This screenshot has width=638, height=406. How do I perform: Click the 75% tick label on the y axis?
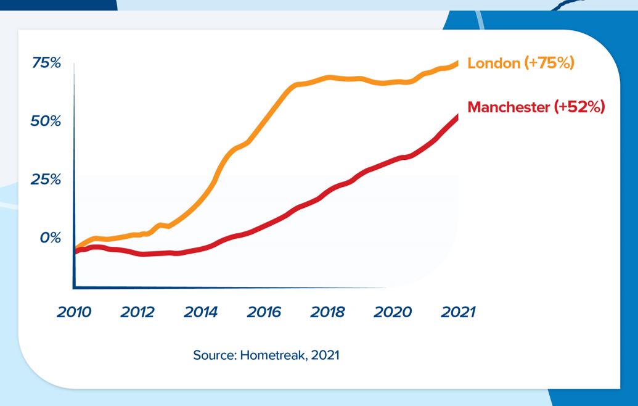[x=47, y=63]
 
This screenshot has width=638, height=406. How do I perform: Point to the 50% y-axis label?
[x=47, y=121]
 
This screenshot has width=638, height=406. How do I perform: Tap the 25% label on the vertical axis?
[x=47, y=180]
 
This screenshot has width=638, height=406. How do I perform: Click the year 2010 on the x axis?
[x=74, y=312]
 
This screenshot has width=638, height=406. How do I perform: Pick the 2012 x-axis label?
[x=137, y=312]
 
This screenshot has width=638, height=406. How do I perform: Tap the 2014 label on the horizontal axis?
[x=201, y=312]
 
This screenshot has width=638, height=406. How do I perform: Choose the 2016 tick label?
[x=264, y=312]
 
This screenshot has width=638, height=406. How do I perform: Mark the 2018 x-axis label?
[x=328, y=312]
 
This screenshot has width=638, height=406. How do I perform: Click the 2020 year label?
[x=393, y=312]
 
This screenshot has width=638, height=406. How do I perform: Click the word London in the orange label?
[x=494, y=63]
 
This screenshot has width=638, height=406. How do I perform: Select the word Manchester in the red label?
[x=509, y=107]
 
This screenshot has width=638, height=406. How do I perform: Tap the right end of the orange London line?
[x=457, y=62]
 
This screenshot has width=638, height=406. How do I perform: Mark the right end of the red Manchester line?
[x=457, y=117]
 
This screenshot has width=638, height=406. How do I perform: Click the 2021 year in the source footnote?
[x=326, y=355]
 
